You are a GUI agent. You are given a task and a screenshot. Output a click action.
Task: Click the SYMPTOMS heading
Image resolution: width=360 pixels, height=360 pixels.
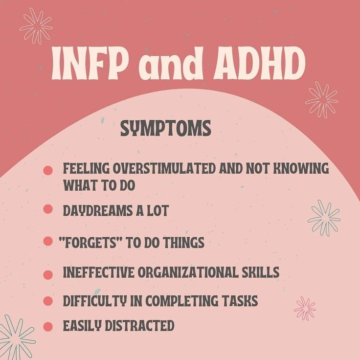tap(166, 129)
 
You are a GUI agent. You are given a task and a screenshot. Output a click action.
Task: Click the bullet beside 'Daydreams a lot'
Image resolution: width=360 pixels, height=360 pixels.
tap(48, 209)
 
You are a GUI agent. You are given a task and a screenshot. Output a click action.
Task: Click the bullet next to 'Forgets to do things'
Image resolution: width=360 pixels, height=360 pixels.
tap(48, 241)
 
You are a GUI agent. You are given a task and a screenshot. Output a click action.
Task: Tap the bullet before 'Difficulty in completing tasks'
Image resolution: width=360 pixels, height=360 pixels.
tap(48, 301)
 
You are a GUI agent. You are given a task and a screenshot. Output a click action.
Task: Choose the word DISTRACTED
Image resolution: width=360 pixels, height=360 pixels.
tap(144, 325)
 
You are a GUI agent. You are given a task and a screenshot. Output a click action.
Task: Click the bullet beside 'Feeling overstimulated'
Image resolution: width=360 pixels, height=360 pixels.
tap(48, 170)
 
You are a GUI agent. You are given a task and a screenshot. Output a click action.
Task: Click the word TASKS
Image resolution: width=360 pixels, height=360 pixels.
tap(240, 301)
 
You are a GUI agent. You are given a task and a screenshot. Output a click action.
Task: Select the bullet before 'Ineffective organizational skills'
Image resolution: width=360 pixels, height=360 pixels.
tap(48, 274)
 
